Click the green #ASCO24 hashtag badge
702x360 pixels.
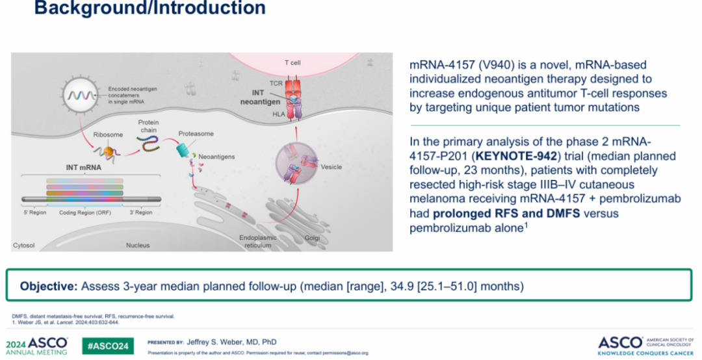(x=108, y=346)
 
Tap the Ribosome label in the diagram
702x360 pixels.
(x=108, y=135)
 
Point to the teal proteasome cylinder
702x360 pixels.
(x=183, y=149)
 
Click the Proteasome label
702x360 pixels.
(x=196, y=133)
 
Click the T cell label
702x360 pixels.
(x=292, y=62)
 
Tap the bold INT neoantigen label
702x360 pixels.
(x=260, y=97)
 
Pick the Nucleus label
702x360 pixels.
(x=138, y=246)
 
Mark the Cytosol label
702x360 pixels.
(x=24, y=246)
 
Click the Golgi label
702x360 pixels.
(x=312, y=238)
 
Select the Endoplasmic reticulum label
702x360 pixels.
(x=258, y=241)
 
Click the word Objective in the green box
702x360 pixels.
(x=49, y=286)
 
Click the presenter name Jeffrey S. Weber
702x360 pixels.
(x=214, y=342)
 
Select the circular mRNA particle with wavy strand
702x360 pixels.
(x=81, y=94)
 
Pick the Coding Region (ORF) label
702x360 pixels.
(x=85, y=212)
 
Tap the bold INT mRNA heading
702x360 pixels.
(x=84, y=168)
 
